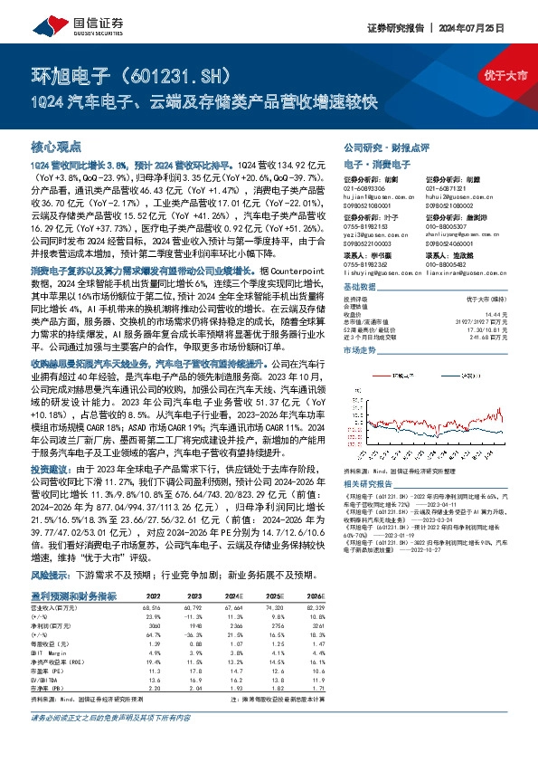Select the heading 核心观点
coord(56,146)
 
